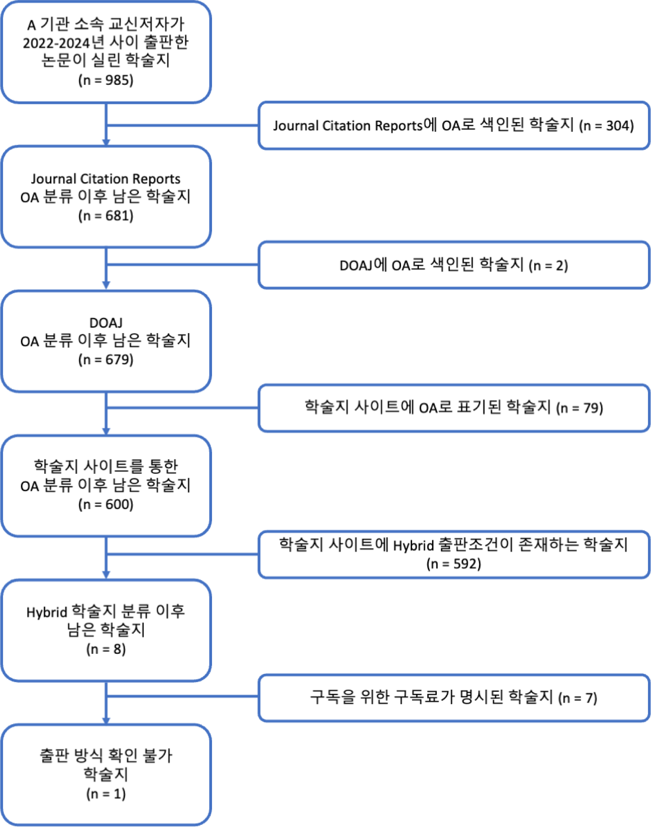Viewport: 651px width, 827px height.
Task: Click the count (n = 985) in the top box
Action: click(106, 80)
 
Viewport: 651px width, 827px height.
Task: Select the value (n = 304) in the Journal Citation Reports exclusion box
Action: click(606, 126)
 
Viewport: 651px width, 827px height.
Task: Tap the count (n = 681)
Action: click(106, 216)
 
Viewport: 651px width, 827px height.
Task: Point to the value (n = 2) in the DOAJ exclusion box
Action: click(548, 266)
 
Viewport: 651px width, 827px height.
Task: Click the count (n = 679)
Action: click(106, 360)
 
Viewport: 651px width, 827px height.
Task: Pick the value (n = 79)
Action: click(579, 408)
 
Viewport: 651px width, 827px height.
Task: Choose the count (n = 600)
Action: click(106, 505)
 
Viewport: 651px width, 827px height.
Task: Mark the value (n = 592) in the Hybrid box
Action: click(453, 564)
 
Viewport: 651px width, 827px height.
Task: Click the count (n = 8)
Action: click(106, 649)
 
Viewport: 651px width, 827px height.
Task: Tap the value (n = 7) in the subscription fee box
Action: click(578, 698)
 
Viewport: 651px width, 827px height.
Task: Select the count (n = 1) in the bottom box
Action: click(106, 794)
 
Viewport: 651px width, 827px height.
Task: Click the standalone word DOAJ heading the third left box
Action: click(106, 323)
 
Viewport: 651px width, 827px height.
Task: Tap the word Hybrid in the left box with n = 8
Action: click(47, 612)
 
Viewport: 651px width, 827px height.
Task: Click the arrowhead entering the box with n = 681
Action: click(106, 142)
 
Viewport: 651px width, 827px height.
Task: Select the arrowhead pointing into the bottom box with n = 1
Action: click(106, 720)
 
